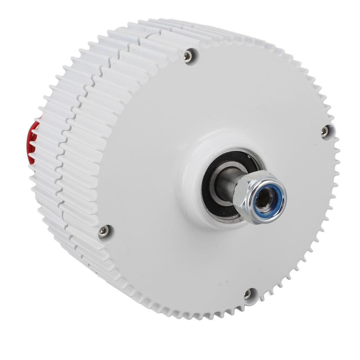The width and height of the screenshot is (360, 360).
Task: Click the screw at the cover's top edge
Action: [188, 56]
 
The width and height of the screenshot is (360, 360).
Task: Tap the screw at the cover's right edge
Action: [325, 131]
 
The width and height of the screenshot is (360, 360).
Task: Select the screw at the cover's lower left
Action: [103, 231]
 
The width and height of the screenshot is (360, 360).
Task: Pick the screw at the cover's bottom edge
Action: [248, 294]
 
